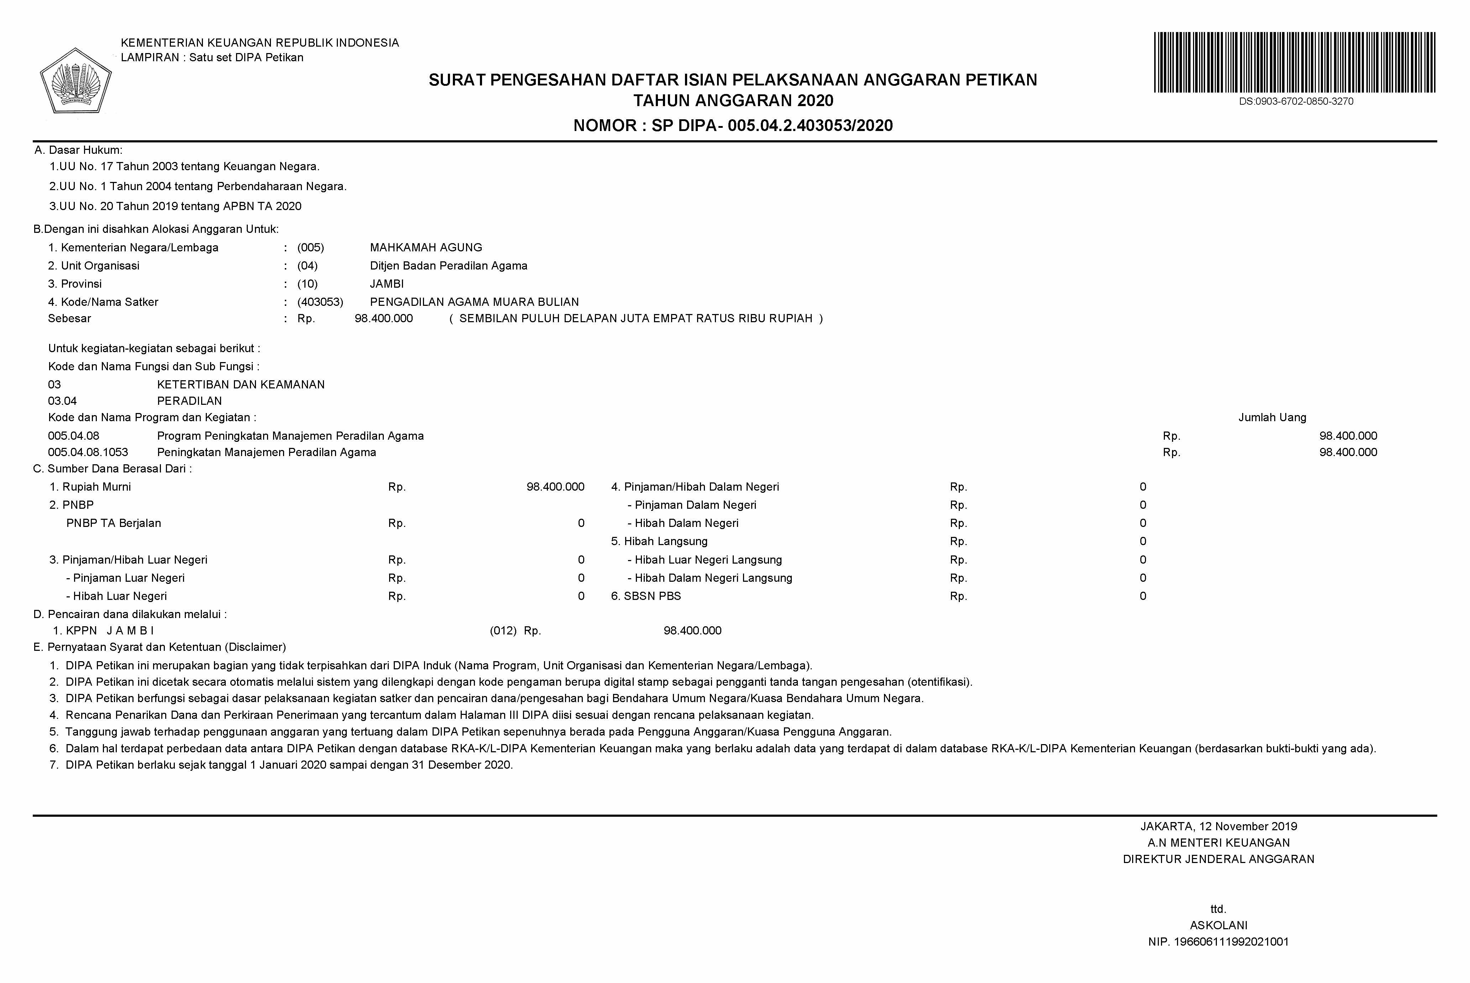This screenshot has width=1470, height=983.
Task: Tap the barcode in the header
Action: pyautogui.click(x=1294, y=62)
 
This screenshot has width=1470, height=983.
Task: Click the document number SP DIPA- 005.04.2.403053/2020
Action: pyautogui.click(x=772, y=125)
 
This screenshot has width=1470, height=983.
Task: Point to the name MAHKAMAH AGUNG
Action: pyautogui.click(x=426, y=248)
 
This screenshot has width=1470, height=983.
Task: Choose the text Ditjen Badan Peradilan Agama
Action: pyautogui.click(x=448, y=266)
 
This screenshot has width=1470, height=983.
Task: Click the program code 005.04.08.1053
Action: pyautogui.click(x=88, y=453)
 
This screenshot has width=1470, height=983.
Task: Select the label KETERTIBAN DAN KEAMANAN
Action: pyautogui.click(x=241, y=384)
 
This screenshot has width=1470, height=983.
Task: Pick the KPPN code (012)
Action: pyautogui.click(x=503, y=631)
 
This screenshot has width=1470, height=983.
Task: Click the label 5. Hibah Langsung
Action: pyautogui.click(x=659, y=542)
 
